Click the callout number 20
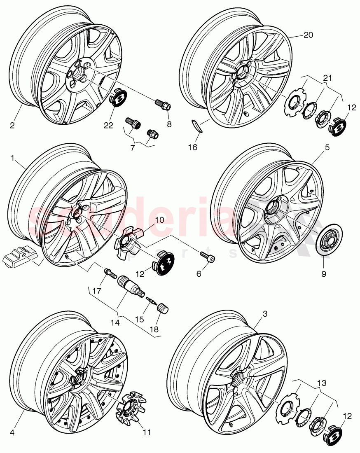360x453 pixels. tap(309, 35)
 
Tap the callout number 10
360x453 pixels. tap(159, 220)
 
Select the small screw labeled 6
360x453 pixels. tap(206, 258)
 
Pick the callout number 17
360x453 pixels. tap(96, 290)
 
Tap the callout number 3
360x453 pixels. tap(265, 314)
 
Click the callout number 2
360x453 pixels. tap(12, 125)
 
